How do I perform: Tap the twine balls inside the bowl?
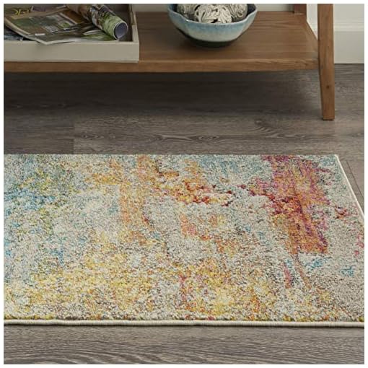pos(212,12)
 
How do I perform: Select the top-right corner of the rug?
pos(338,157)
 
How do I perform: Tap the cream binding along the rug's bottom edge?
pos(180,322)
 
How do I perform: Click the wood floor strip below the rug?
pos(180,346)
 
